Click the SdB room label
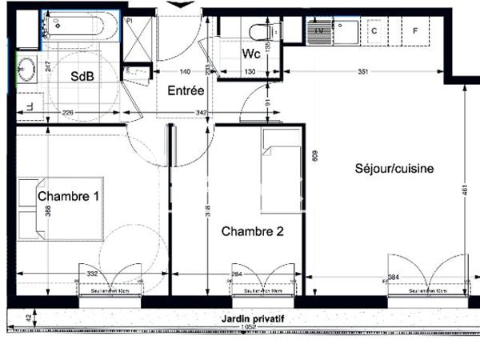(80, 78)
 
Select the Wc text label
(250, 55)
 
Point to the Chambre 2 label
(253, 232)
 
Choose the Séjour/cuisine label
(394, 169)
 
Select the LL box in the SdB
(30, 106)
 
